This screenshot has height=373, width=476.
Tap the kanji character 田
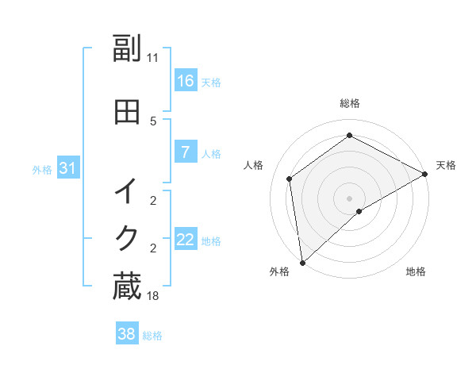127,113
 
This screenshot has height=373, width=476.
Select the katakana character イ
127,192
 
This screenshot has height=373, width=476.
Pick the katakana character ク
127,237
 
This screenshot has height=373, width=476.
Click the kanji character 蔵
127,286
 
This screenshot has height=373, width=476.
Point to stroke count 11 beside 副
152,57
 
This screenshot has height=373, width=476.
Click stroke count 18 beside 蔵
152,295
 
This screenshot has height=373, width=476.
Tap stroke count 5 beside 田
153,121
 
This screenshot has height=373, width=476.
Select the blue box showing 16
185,80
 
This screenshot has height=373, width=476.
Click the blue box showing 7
185,152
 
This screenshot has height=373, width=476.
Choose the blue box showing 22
185,240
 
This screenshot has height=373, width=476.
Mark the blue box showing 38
126,334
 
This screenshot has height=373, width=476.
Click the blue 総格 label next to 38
152,336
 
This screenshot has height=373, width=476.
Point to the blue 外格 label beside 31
42,169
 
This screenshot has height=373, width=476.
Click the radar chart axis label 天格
446,165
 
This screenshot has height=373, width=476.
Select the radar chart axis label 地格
416,271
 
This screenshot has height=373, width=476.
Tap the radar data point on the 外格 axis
301,262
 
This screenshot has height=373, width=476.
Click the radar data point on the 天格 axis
425,175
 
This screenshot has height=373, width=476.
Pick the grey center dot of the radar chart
349,198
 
